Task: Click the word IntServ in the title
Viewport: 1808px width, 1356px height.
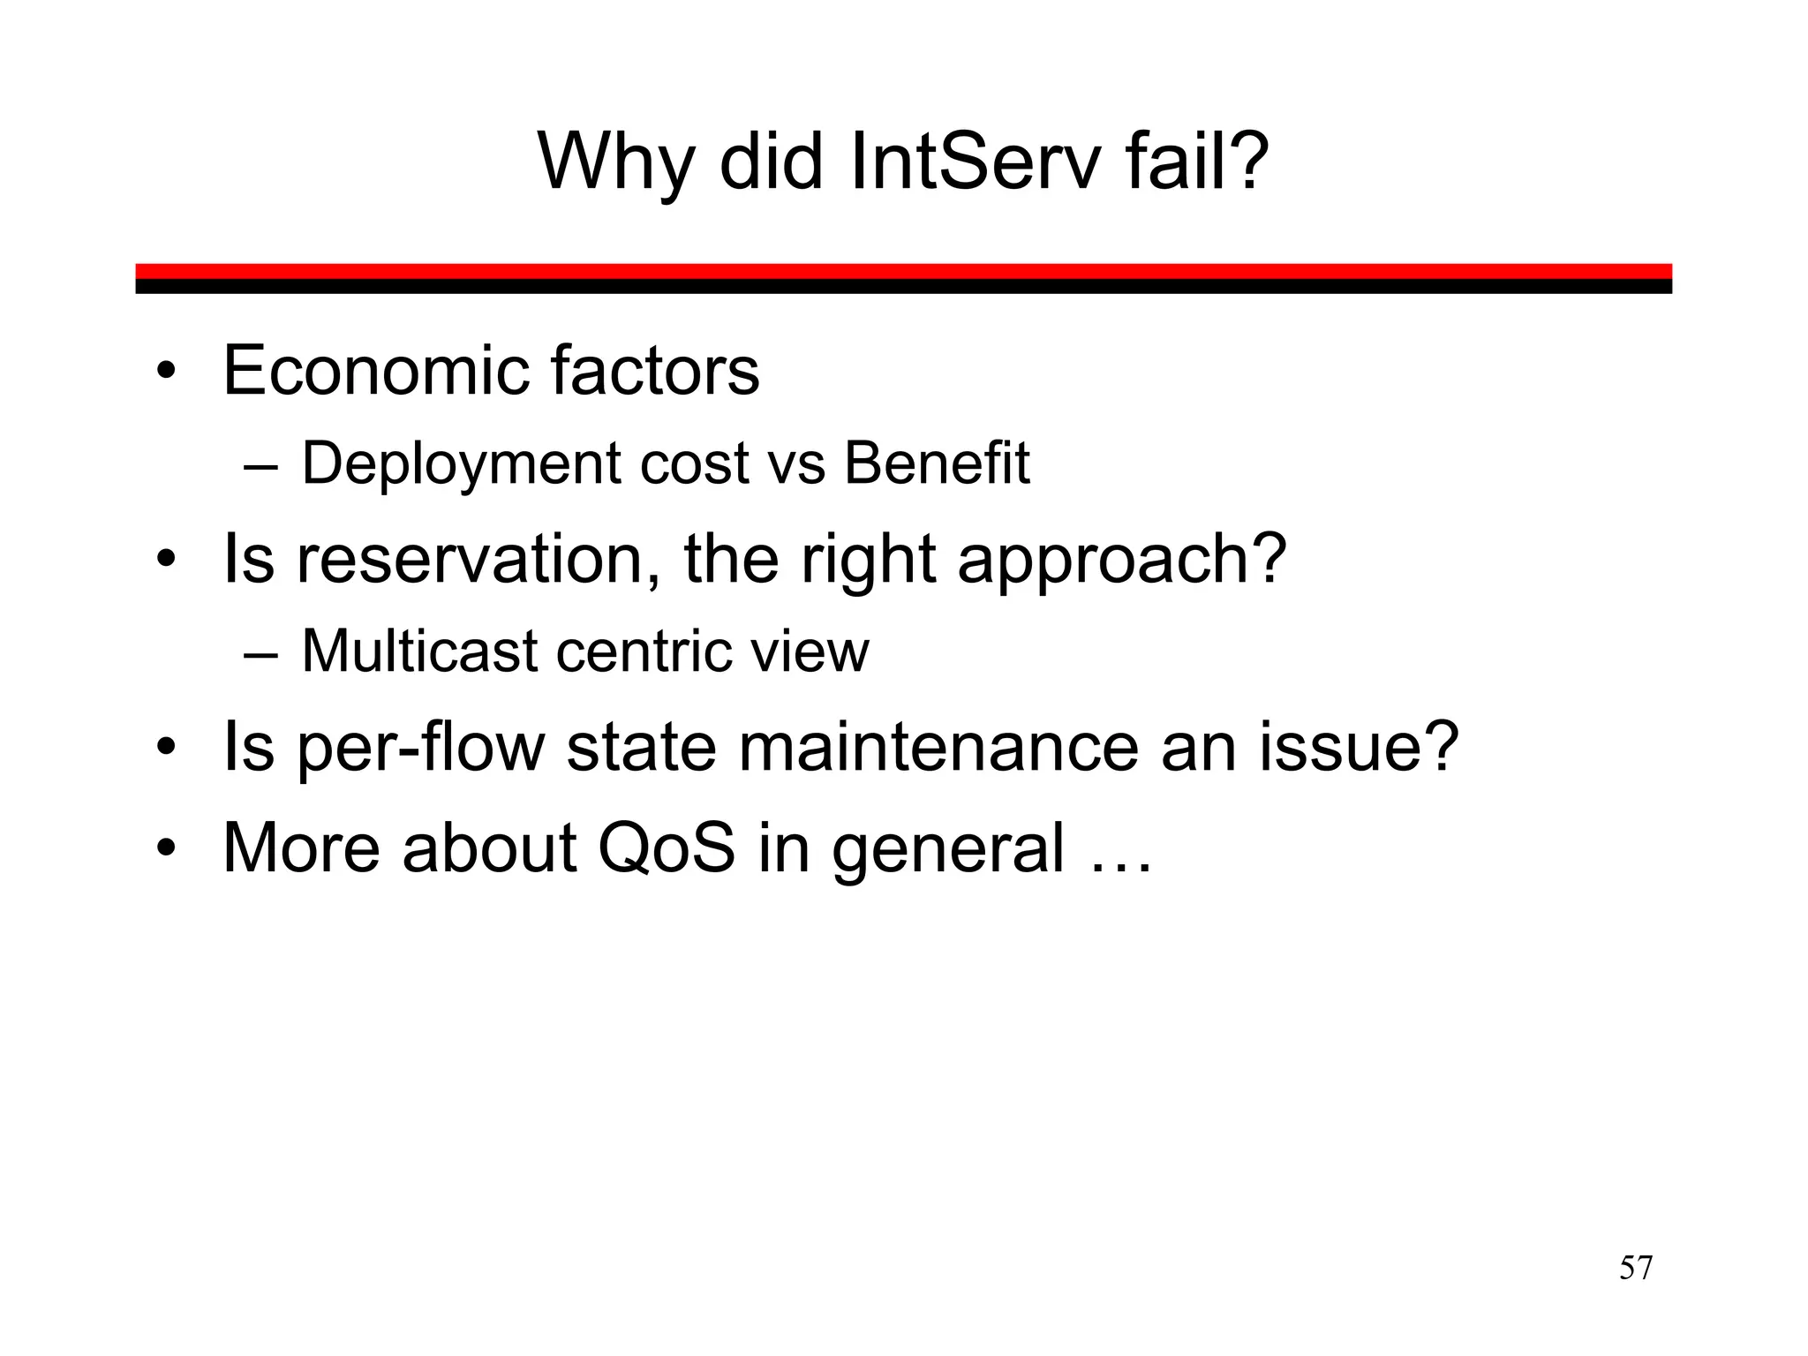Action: pyautogui.click(x=976, y=162)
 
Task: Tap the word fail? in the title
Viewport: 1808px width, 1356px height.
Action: pyautogui.click(x=1197, y=162)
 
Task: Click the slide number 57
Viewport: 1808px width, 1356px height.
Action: pyautogui.click(x=1635, y=1269)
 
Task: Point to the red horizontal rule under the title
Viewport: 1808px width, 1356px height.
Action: pyautogui.click(x=903, y=271)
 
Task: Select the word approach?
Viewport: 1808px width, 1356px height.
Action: pyautogui.click(x=1122, y=560)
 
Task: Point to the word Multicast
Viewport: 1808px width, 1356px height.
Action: pyautogui.click(x=419, y=652)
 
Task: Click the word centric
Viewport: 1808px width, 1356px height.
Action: pyautogui.click(x=644, y=652)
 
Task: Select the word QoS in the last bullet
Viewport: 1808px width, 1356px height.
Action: pyautogui.click(x=666, y=848)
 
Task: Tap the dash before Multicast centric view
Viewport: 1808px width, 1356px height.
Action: pyautogui.click(x=260, y=655)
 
